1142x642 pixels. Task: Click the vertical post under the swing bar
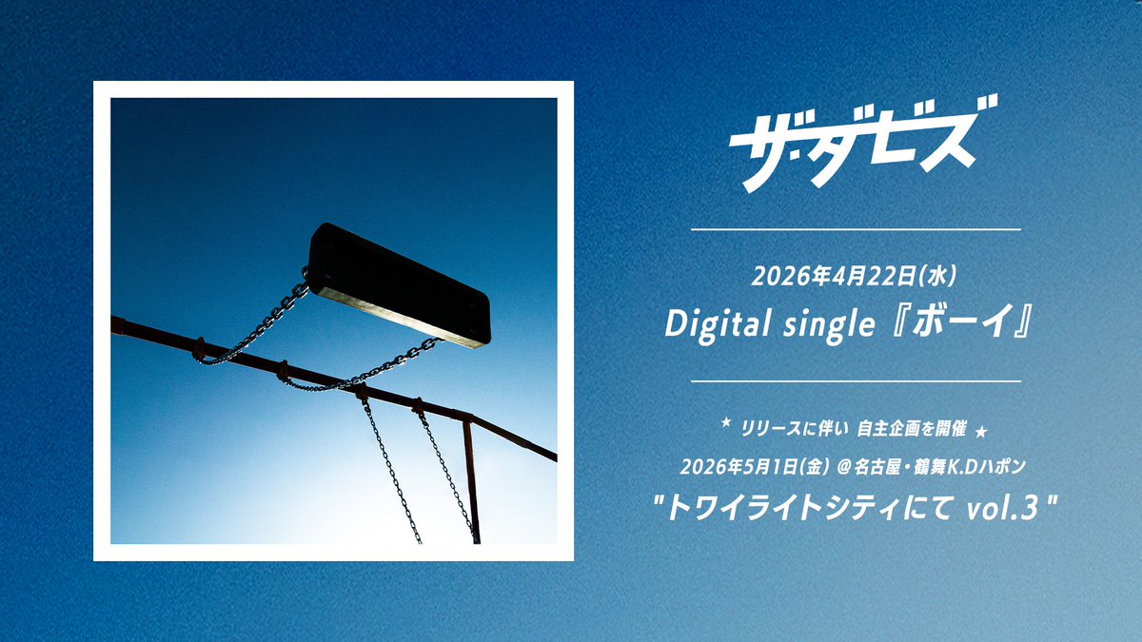coord(471,480)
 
